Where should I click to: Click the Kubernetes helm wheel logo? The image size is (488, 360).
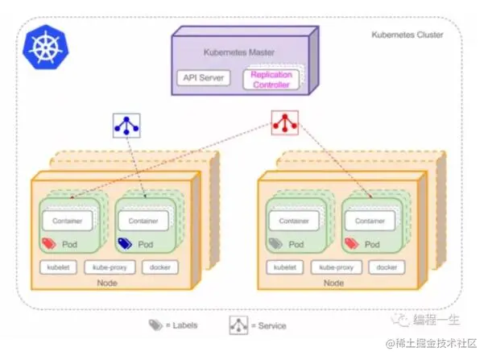[x=46, y=47]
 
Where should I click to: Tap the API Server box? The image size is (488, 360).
[x=204, y=78]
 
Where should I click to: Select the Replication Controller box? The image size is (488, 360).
[x=271, y=80]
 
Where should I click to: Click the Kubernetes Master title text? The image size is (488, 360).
[x=239, y=52]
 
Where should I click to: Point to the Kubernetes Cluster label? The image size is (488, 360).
[x=407, y=35]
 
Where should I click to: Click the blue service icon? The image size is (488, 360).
[x=126, y=126]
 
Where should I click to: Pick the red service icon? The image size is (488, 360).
[x=285, y=122]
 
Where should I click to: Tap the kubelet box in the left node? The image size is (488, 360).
[x=58, y=267]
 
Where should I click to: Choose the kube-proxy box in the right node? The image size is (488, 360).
[x=337, y=267]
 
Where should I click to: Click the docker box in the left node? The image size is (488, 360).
[x=160, y=267]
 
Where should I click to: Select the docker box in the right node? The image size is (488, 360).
[x=387, y=267]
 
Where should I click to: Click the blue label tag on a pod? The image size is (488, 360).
[x=125, y=244]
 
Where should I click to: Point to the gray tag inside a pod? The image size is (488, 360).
[x=275, y=244]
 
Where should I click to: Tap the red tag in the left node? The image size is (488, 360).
[x=49, y=244]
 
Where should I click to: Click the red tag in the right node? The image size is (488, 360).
[x=352, y=244]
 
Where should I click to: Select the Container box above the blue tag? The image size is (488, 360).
[x=143, y=221]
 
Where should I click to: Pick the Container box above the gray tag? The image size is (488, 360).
[x=294, y=221]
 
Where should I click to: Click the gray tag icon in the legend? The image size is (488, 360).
[x=155, y=325]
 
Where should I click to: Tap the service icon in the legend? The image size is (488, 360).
[x=238, y=325]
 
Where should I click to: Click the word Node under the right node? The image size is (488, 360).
[x=333, y=283]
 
